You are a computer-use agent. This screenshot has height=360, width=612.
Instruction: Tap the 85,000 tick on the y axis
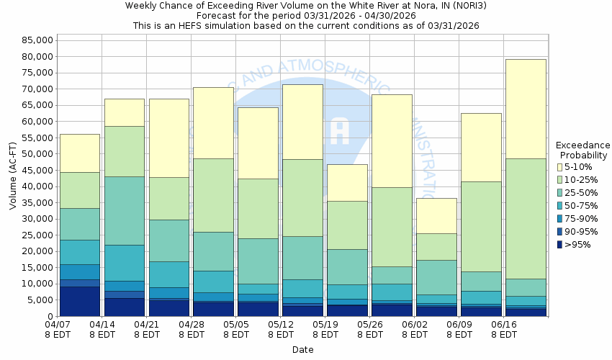coord(33,40)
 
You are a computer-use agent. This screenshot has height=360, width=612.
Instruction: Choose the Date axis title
coord(302,350)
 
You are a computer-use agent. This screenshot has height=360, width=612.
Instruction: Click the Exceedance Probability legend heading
coord(583,150)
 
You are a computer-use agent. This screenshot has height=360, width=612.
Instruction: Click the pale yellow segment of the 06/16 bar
coord(525,109)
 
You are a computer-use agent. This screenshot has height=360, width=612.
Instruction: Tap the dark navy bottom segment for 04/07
coord(79,301)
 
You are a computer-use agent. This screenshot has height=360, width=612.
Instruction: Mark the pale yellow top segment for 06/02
coord(436,215)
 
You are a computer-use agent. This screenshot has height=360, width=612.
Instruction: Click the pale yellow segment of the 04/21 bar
coord(168,138)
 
